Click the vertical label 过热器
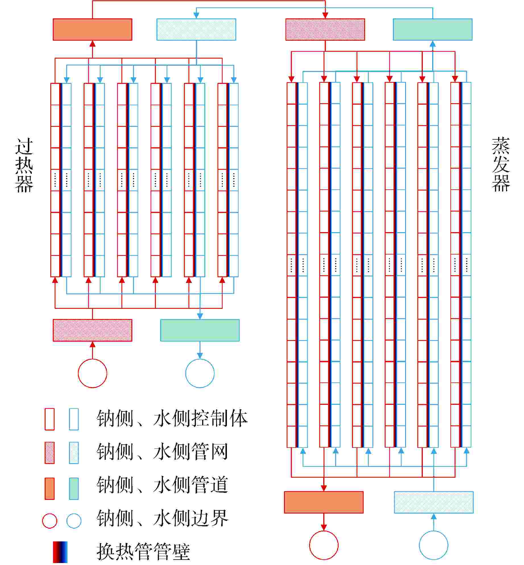pyautogui.click(x=24, y=165)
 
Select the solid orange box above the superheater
pyautogui.click(x=92, y=30)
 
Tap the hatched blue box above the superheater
pyautogui.click(x=196, y=30)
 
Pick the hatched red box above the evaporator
pyautogui.click(x=325, y=30)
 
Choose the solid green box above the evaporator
pyautogui.click(x=432, y=30)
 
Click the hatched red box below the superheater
pyautogui.click(x=92, y=330)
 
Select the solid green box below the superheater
pyautogui.click(x=200, y=330)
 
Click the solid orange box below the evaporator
pyautogui.click(x=324, y=502)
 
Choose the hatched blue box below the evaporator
pyautogui.click(x=434, y=502)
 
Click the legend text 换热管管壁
pyautogui.click(x=143, y=552)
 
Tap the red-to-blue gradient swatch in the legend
pyautogui.click(x=60, y=552)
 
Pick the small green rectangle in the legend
pyautogui.click(x=74, y=489)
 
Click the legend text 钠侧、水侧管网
pyautogui.click(x=162, y=452)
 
